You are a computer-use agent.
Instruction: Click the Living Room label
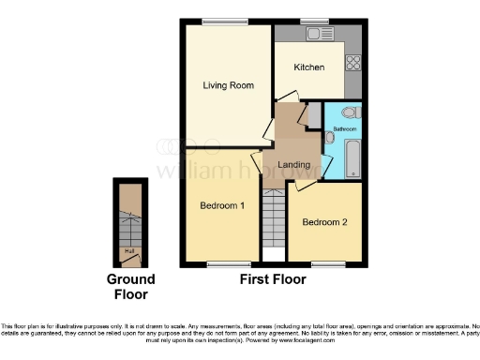[229, 86]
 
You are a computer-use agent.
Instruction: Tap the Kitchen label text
[308, 67]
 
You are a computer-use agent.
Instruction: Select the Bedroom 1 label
[222, 204]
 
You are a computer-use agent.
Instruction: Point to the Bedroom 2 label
[324, 222]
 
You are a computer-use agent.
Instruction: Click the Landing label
[294, 166]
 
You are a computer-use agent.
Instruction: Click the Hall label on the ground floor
[128, 250]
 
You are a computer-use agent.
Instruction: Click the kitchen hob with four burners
[355, 64]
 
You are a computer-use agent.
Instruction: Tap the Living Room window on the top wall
[220, 21]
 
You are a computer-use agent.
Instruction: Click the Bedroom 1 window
[222, 262]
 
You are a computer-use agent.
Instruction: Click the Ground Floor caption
[130, 287]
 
